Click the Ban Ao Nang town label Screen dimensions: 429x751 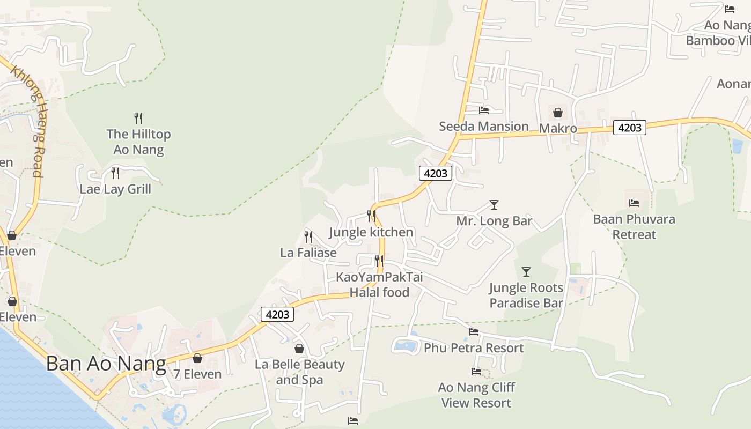click(106, 364)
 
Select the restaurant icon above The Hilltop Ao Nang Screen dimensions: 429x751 click(138, 118)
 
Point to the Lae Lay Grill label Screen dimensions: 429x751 click(115, 189)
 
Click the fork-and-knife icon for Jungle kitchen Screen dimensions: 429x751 click(371, 216)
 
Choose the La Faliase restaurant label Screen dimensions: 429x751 click(308, 252)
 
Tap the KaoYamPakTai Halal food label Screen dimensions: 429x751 click(379, 285)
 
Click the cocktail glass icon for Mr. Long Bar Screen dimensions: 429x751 click(494, 205)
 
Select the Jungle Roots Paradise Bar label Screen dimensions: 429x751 click(526, 295)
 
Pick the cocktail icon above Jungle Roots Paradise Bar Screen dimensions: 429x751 click(526, 272)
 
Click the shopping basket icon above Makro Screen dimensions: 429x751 click(558, 113)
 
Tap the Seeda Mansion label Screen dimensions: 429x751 click(484, 127)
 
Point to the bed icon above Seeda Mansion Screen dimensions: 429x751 click(484, 110)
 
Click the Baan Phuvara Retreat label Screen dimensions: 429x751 click(634, 227)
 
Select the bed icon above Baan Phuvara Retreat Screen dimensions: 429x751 click(634, 203)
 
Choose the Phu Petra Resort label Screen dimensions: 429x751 click(474, 348)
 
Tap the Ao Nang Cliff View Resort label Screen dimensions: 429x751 click(476, 395)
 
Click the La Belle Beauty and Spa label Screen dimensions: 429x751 click(299, 372)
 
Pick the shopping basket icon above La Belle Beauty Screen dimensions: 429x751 click(299, 349)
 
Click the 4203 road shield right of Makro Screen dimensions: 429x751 click(630, 128)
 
